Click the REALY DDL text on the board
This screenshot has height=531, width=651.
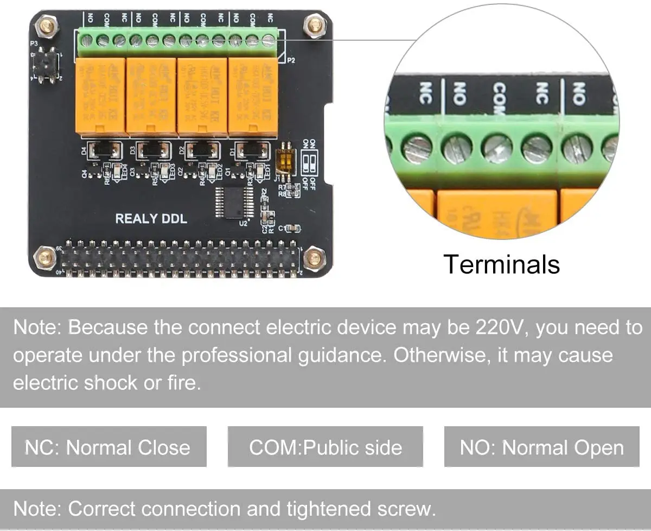(x=151, y=219)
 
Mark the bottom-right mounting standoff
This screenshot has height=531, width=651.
(x=314, y=258)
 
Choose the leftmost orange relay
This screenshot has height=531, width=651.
(x=99, y=96)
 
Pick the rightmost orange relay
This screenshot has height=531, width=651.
(x=253, y=96)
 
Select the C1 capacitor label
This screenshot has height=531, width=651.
(x=282, y=228)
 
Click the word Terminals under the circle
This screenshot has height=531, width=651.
(x=501, y=264)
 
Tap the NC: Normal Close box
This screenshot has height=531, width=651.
(x=108, y=447)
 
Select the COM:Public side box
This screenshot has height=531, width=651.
(x=325, y=447)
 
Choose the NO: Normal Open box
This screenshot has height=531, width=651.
(x=541, y=447)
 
